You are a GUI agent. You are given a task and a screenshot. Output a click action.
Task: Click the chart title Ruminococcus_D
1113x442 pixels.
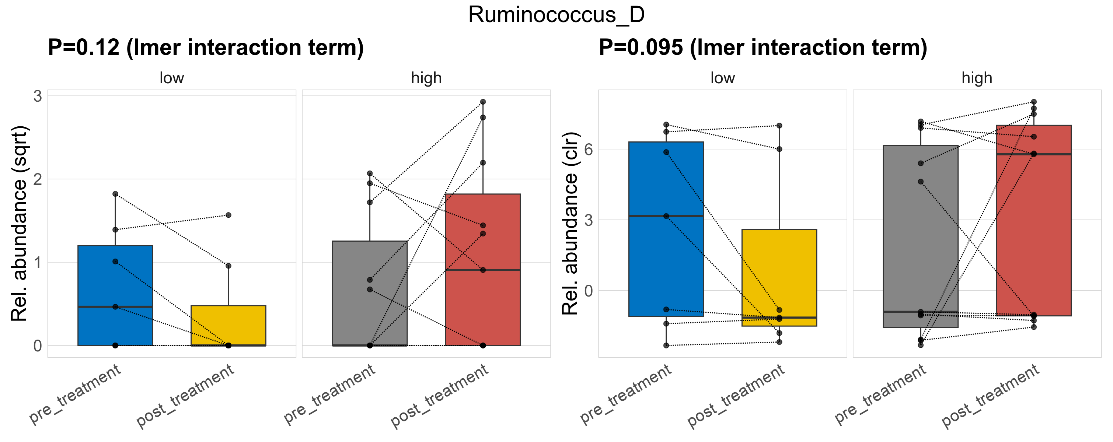click(x=556, y=15)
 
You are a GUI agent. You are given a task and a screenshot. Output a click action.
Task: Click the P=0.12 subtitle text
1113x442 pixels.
click(x=206, y=48)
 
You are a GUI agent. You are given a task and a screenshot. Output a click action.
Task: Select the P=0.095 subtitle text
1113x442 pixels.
click(x=763, y=48)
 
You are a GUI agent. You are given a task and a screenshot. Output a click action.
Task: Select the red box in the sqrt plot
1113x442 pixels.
click(x=483, y=302)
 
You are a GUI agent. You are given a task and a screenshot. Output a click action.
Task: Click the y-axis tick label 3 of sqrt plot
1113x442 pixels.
click(x=38, y=96)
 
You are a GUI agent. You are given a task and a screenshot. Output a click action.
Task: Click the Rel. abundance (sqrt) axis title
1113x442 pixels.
click(x=20, y=224)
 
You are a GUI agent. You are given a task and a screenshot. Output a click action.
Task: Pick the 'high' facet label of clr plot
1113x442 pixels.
click(x=977, y=78)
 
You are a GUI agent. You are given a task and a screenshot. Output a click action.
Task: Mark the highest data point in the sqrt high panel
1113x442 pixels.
click(x=483, y=102)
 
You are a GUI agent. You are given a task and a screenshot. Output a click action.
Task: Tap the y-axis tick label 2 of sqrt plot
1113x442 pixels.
click(x=38, y=179)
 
